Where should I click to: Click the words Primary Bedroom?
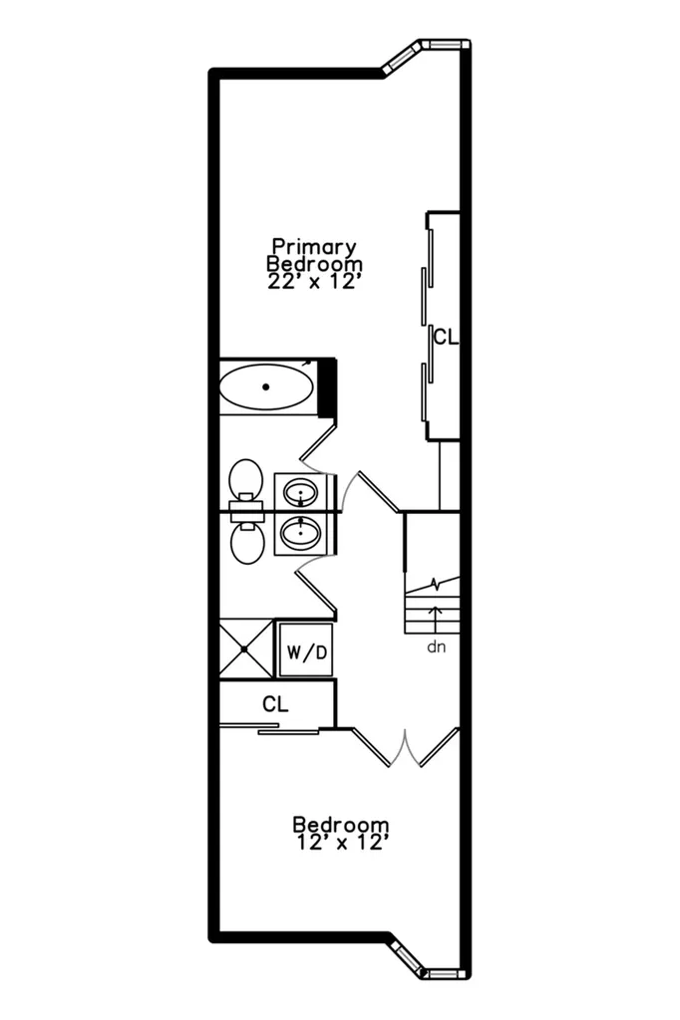pyautogui.click(x=315, y=256)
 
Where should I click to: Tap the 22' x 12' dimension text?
pyautogui.click(x=314, y=282)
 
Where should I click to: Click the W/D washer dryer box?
pyautogui.click(x=306, y=651)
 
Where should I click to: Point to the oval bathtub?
pyautogui.click(x=266, y=387)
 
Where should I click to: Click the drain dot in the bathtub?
pyautogui.click(x=266, y=387)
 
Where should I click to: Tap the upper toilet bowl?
pyautogui.click(x=245, y=478)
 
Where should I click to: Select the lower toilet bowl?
pyautogui.click(x=247, y=544)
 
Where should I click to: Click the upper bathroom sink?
pyautogui.click(x=300, y=492)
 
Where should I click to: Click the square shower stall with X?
pyautogui.click(x=245, y=648)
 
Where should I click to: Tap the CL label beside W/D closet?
pyautogui.click(x=275, y=704)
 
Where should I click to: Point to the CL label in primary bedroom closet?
pyautogui.click(x=446, y=338)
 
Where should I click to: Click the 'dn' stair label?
pyautogui.click(x=437, y=647)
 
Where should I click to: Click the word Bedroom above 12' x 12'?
pyautogui.click(x=341, y=825)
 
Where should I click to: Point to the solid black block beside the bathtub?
pyautogui.click(x=328, y=387)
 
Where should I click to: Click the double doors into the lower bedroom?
pyautogui.click(x=405, y=747)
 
